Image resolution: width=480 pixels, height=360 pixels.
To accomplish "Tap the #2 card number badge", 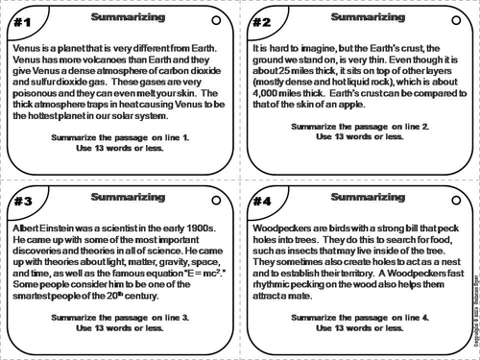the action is (260, 21).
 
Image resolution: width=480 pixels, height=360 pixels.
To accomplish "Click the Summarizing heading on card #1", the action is (119, 16).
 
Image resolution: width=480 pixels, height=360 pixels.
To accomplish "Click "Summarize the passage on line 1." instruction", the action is (119, 137).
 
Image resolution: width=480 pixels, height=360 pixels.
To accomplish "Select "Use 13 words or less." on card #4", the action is (356, 328).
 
